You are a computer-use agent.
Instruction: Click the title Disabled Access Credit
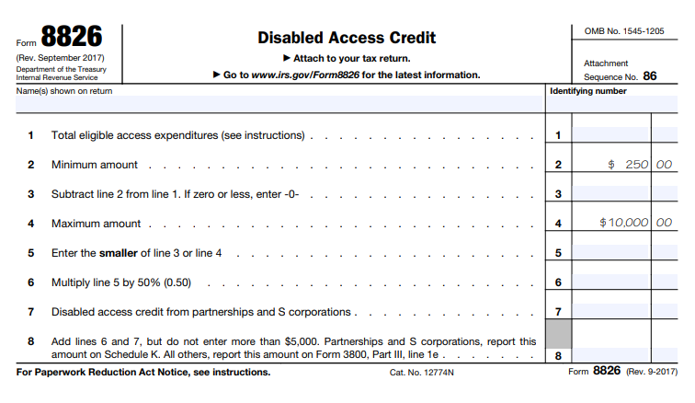click(347, 38)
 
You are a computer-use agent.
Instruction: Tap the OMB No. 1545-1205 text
click(624, 31)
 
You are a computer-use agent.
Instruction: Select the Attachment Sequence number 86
click(650, 76)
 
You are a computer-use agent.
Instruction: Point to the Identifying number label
click(588, 91)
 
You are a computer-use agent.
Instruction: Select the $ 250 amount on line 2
click(629, 165)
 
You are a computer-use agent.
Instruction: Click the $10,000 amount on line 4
click(623, 223)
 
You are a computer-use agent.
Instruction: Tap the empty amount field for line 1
click(611, 135)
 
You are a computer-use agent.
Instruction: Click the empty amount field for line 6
click(611, 282)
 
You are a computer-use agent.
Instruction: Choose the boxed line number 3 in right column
click(558, 194)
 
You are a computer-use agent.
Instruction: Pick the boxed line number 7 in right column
click(558, 312)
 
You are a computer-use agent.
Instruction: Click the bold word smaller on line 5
click(117, 253)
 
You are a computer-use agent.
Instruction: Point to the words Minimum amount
click(95, 165)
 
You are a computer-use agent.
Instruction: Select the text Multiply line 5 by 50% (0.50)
click(121, 282)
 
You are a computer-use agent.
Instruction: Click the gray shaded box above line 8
click(558, 333)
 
